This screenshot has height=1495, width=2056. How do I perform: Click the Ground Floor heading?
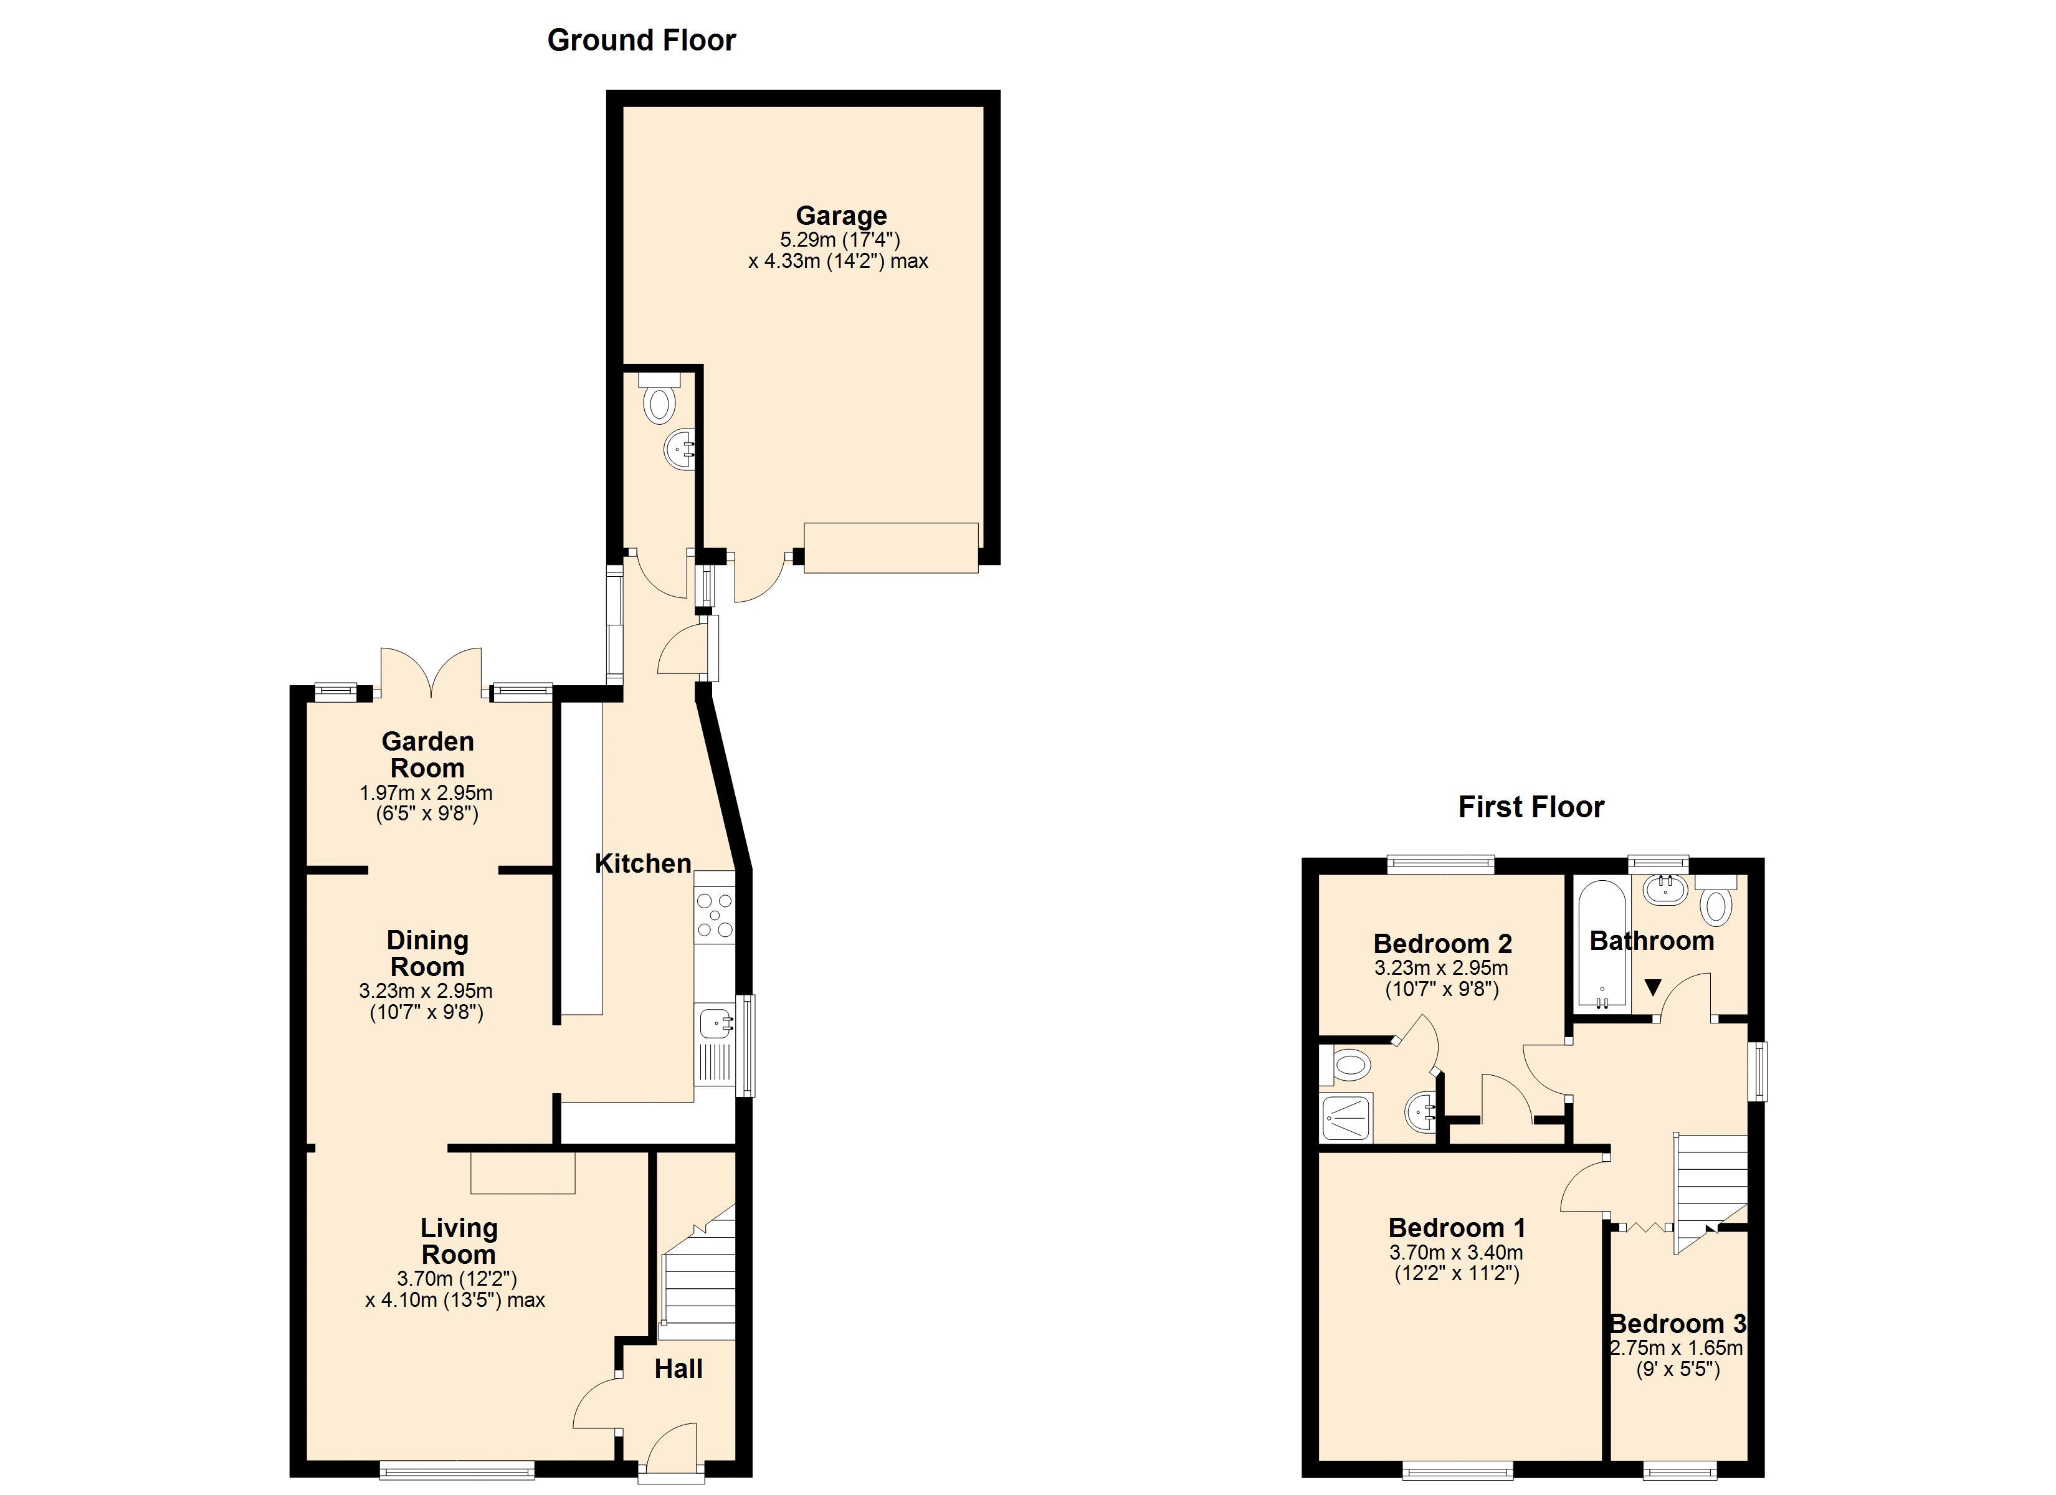(x=641, y=40)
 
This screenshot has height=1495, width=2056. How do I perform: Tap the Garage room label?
(x=840, y=216)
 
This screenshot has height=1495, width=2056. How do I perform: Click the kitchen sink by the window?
(x=715, y=1025)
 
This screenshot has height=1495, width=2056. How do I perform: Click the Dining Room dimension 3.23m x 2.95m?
(x=426, y=991)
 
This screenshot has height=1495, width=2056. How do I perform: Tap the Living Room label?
(x=459, y=1241)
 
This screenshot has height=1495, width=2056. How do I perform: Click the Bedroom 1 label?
(x=1456, y=1228)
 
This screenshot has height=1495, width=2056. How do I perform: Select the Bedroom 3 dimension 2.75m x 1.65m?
(x=1677, y=1348)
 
